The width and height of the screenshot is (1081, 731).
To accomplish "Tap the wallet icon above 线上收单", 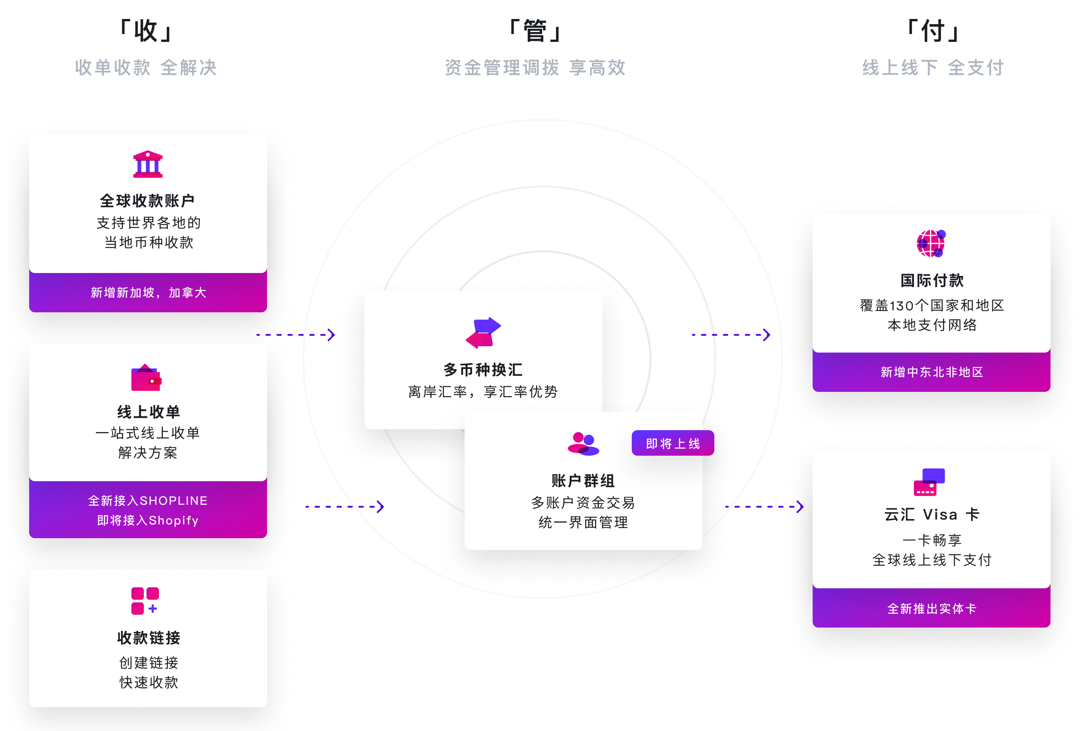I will (146, 377).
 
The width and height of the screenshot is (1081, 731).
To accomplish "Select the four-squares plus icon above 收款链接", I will (145, 601).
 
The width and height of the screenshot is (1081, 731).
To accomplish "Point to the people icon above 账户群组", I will (583, 444).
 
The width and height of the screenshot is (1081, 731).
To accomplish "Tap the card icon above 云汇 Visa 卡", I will (929, 483).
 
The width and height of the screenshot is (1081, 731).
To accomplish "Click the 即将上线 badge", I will (673, 443).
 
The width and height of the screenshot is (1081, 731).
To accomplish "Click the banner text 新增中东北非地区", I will (932, 372).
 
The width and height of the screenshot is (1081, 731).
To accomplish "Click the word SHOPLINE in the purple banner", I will (173, 501).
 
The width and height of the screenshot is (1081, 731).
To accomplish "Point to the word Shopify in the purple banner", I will (173, 521).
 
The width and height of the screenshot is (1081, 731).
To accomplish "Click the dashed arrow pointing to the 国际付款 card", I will (731, 335).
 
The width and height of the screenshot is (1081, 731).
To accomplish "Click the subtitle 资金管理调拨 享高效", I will (535, 68).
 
